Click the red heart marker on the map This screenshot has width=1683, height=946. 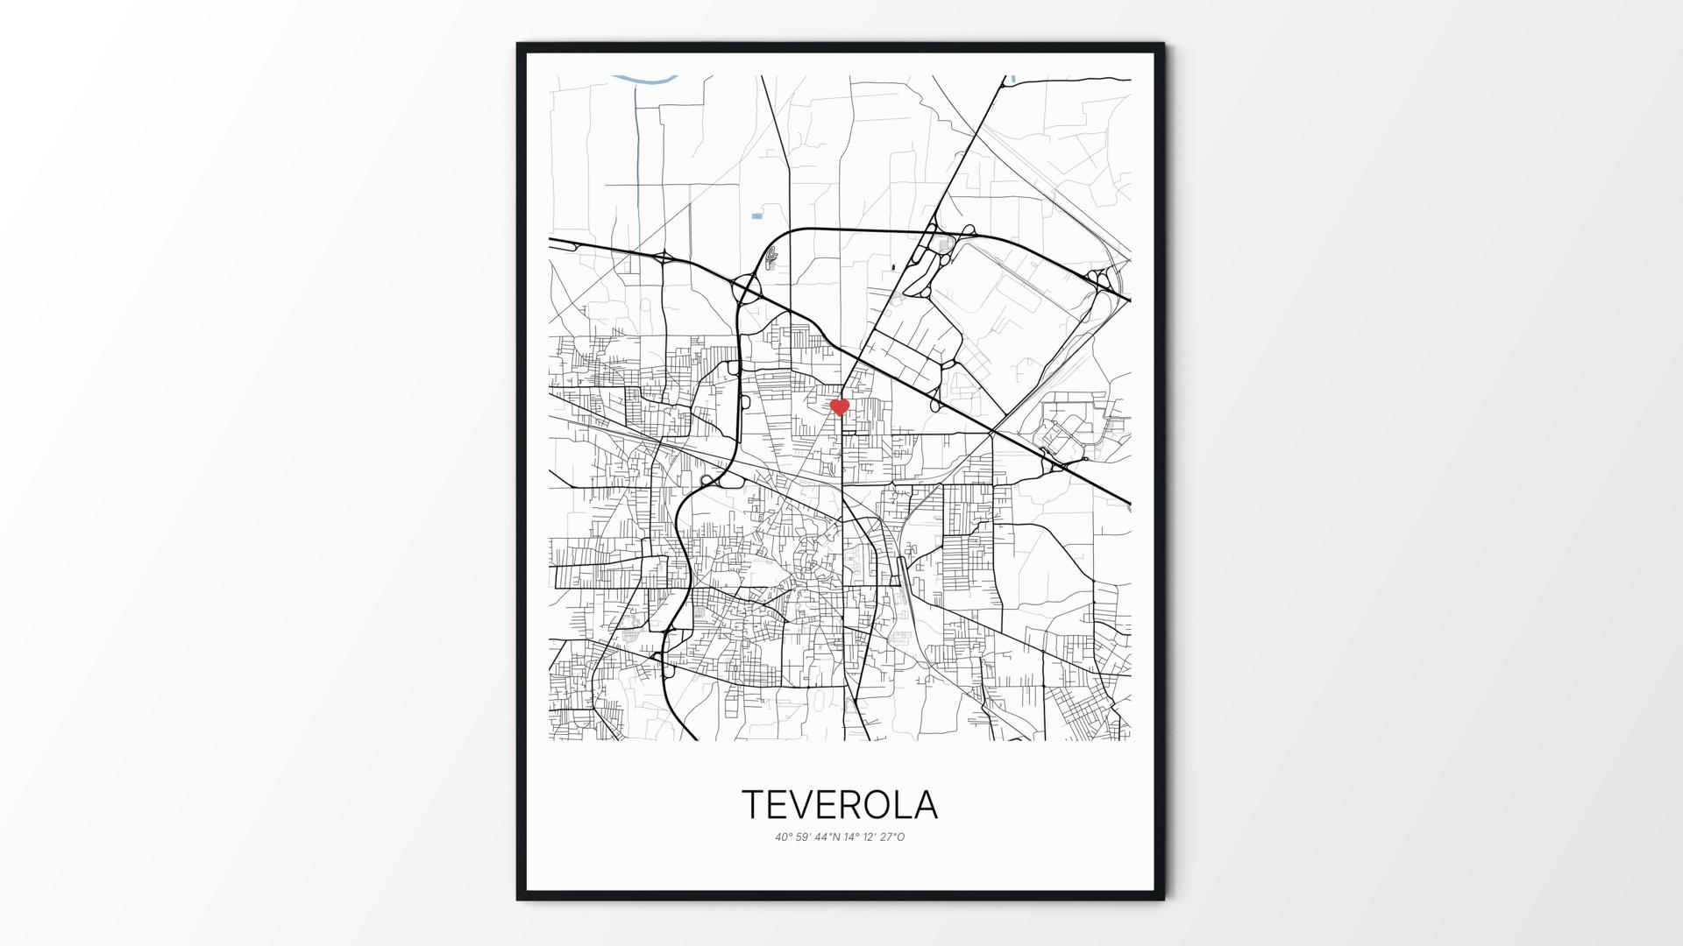[x=840, y=406]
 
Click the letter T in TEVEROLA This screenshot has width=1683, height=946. [x=755, y=805]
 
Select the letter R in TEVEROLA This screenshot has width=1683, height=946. [x=865, y=805]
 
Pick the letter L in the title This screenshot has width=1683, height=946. [x=912, y=805]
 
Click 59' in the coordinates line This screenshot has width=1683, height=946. [x=804, y=837]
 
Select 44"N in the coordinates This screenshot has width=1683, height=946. [x=827, y=837]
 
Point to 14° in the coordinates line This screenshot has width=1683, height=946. [x=851, y=837]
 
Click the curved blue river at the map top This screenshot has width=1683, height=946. [x=644, y=80]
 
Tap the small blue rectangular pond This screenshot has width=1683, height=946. [x=756, y=215]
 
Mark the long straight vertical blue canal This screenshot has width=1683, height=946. [x=636, y=158]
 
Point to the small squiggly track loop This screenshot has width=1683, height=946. [x=771, y=257]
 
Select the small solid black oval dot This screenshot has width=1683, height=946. [x=892, y=266]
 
